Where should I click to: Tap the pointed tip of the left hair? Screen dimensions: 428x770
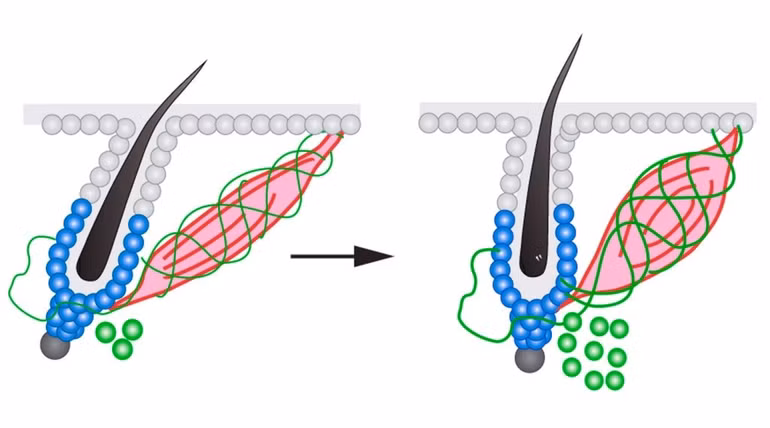click(x=205, y=62)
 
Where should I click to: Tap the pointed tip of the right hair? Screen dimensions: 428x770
click(x=579, y=38)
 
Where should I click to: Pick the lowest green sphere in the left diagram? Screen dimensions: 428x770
click(x=122, y=349)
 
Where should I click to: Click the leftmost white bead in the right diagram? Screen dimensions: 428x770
click(x=428, y=123)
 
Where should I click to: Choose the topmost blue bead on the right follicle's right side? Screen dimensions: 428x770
click(x=563, y=213)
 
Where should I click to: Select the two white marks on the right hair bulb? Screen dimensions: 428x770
click(x=540, y=258)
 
